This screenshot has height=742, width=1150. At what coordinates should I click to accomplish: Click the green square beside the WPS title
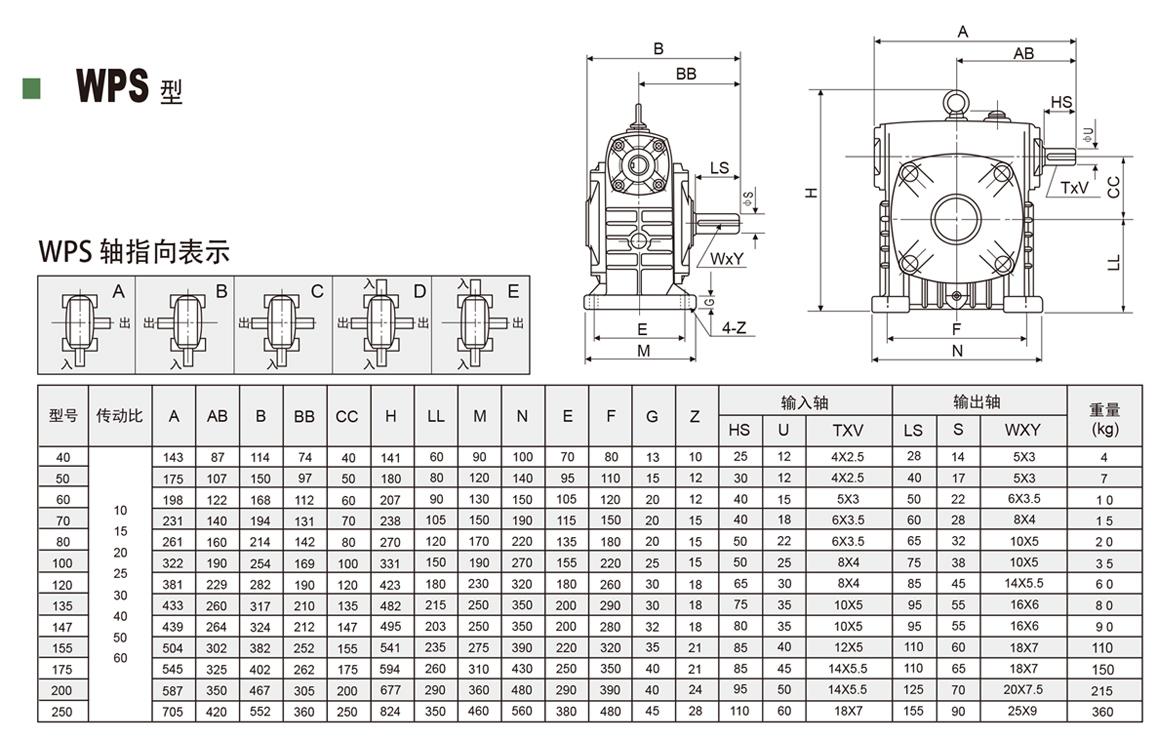(x=31, y=87)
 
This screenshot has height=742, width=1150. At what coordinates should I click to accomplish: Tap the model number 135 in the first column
(x=63, y=605)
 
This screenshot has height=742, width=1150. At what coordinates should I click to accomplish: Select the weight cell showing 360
(x=1103, y=712)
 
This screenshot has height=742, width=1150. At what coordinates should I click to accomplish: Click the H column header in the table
(x=391, y=416)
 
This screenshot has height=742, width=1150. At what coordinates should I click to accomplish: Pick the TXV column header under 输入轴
(x=848, y=430)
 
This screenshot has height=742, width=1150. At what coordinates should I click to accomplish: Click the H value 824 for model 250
(x=391, y=712)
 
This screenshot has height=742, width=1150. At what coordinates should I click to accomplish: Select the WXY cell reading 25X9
(x=1024, y=712)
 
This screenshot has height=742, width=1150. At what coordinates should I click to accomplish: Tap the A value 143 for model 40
(x=173, y=456)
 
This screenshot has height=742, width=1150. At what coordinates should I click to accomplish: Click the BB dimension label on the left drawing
(x=686, y=74)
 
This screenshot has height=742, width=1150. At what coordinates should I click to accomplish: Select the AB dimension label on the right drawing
(x=1023, y=54)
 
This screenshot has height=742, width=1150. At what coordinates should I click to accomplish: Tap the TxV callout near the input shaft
(x=1073, y=187)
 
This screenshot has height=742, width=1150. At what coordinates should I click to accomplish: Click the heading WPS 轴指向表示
(x=133, y=251)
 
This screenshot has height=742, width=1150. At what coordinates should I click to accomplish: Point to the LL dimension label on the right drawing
(x=1113, y=263)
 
